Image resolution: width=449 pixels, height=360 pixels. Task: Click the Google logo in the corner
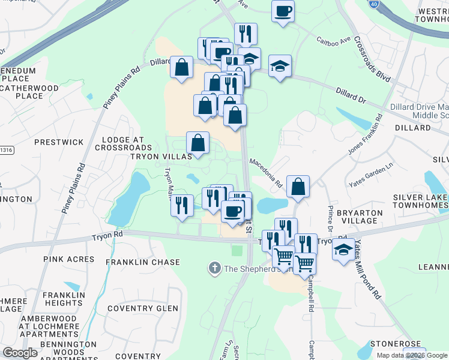20,353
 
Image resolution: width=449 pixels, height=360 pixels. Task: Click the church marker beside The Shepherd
214,268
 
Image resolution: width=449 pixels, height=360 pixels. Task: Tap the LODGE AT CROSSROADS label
123,143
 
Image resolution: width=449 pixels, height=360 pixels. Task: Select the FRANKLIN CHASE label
143,262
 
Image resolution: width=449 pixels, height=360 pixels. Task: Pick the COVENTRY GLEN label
139,308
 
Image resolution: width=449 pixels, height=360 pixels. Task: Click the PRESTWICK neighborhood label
59,143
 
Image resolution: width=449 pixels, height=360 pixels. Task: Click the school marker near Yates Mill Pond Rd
343,248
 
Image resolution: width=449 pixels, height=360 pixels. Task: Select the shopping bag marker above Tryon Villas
197,142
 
